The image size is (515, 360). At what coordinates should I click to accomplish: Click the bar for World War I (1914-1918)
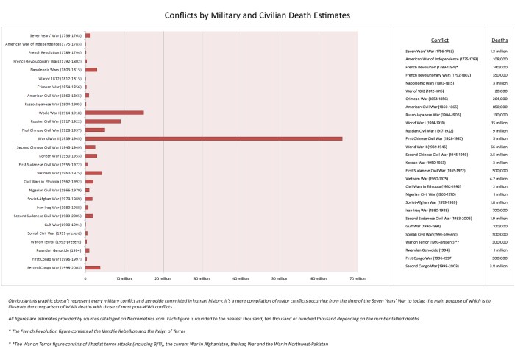click(x=114, y=113)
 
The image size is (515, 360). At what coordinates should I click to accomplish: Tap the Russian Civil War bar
click(x=103, y=121)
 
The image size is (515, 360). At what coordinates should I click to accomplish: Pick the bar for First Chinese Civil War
click(x=95, y=130)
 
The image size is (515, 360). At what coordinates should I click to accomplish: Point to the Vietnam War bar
click(x=93, y=172)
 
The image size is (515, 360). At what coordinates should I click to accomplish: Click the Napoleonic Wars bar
click(x=91, y=69)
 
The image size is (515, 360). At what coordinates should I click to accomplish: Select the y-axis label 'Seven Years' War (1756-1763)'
click(x=56, y=35)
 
